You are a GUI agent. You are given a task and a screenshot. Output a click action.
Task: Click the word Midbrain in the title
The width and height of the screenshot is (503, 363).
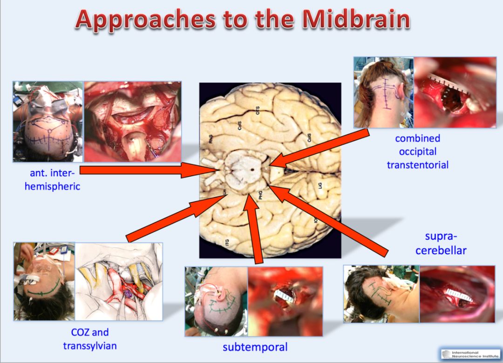point(355,20)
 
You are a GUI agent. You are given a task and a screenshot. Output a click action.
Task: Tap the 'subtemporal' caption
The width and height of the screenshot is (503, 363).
point(255,347)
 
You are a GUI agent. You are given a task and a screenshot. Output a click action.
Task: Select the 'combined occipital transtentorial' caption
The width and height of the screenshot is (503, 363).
point(417,151)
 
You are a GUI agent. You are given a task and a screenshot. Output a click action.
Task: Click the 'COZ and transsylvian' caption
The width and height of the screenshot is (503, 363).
point(90,339)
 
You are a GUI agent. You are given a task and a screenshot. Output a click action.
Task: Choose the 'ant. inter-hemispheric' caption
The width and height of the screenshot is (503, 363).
point(53,180)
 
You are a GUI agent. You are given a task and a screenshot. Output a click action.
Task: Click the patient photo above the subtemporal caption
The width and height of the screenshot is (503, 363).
point(216,301)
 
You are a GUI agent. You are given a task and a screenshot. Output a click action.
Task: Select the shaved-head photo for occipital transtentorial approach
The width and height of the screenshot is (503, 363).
point(383,92)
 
